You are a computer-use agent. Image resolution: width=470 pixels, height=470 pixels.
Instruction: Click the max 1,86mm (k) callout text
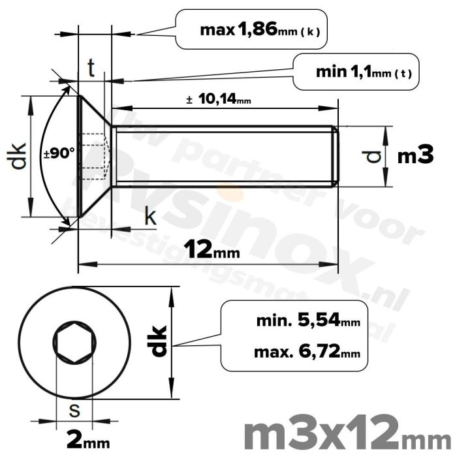click(260, 29)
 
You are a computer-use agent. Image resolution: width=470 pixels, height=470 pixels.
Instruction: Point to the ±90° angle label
click(59, 154)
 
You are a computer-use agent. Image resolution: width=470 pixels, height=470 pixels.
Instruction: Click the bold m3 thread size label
click(416, 155)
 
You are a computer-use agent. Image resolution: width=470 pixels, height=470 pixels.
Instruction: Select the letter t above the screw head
click(92, 68)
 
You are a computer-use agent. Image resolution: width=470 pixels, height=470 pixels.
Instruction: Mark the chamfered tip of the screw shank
click(336, 156)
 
